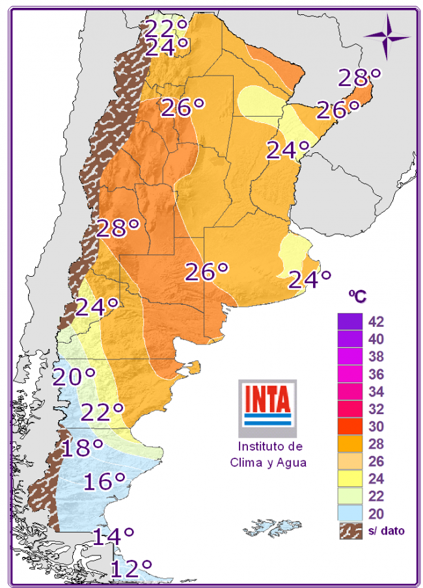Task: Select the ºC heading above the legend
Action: pyautogui.click(x=357, y=296)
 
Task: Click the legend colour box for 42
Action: pyautogui.click(x=349, y=322)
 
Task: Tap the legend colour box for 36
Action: pyautogui.click(x=349, y=374)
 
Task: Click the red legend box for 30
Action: pyautogui.click(x=349, y=427)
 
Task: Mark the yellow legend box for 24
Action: pyautogui.click(x=349, y=479)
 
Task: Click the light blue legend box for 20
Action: pyautogui.click(x=349, y=514)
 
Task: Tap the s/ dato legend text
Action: pyautogui.click(x=387, y=531)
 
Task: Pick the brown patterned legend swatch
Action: pyautogui.click(x=349, y=531)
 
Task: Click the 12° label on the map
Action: pyautogui.click(x=131, y=568)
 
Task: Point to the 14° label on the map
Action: pyautogui.click(x=113, y=537)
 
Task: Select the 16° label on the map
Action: pyautogui.click(x=104, y=481)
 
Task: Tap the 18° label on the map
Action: pyautogui.click(x=83, y=448)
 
